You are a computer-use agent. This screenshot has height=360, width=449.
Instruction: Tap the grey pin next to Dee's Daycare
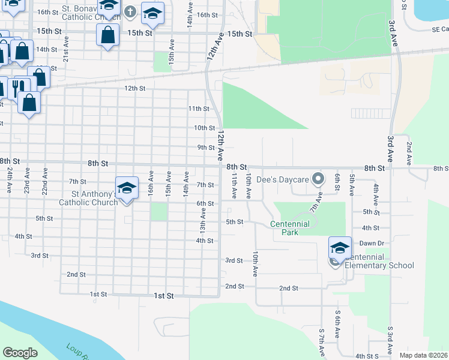click(x=320, y=178)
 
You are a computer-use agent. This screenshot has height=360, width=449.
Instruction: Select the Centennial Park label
click(x=289, y=228)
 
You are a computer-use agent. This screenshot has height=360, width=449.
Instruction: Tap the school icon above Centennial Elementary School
click(x=340, y=248)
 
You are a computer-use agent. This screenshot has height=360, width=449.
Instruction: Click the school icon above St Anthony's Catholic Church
click(x=127, y=188)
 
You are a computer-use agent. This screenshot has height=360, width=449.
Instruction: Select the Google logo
click(x=20, y=353)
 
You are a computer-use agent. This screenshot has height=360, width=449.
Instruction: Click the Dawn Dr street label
click(x=371, y=243)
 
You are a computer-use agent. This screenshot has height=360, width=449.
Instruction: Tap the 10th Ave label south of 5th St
click(x=256, y=263)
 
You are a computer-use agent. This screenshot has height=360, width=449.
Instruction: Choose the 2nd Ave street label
click(x=409, y=154)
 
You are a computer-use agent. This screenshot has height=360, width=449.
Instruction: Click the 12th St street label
click(x=135, y=88)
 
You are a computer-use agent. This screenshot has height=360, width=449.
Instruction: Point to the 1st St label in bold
click(x=164, y=296)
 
